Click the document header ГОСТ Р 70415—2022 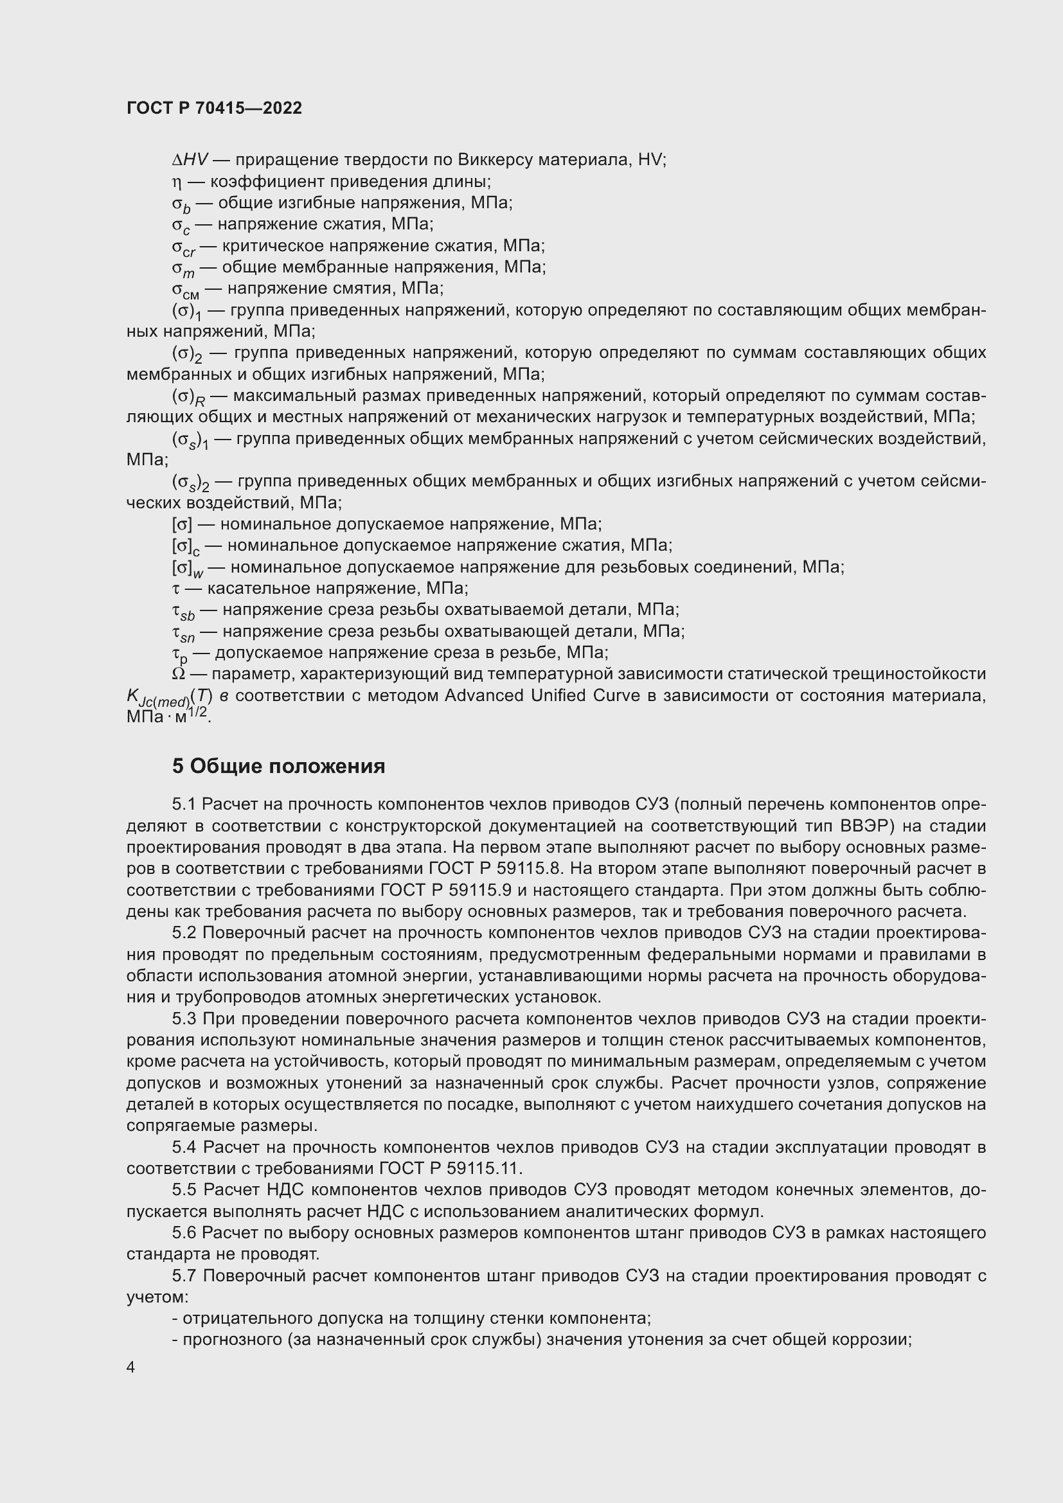pos(214,109)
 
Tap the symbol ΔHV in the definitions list pos(189,160)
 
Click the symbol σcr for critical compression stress pos(183,247)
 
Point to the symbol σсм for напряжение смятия pos(185,290)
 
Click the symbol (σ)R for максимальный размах pos(188,397)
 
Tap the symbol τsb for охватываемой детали pos(183,611)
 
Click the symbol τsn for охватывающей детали pos(183,633)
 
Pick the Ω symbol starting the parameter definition pos(178,674)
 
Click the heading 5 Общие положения pos(278,766)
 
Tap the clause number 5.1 pos(184,804)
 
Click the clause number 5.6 pos(184,1232)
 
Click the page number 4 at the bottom pos(131,1367)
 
